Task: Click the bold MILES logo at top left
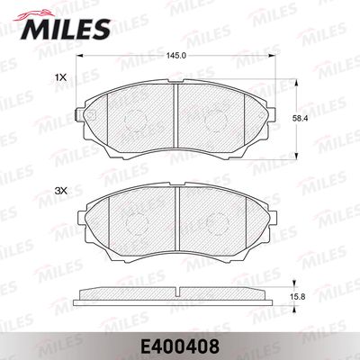pos(65,29)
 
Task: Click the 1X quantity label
pos(60,78)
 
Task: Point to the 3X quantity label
pos(61,191)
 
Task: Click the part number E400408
pos(180,346)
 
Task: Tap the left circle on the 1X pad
pos(135,121)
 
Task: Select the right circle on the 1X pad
pos(215,121)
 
